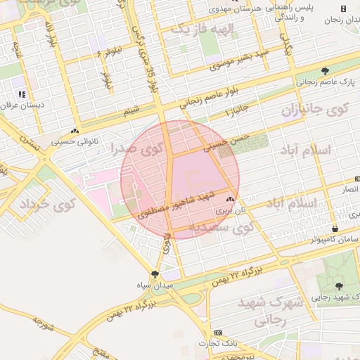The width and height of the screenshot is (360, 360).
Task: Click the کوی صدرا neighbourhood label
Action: (137, 148)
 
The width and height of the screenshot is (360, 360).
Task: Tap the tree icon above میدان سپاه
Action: (155, 274)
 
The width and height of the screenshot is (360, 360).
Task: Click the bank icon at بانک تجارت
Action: (218, 333)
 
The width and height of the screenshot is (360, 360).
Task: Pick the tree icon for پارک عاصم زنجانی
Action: (324, 70)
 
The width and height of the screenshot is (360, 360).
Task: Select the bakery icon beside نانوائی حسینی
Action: (75, 131)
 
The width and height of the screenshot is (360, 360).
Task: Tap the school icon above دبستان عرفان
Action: (22, 94)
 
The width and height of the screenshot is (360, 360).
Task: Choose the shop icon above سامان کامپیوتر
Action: (334, 229)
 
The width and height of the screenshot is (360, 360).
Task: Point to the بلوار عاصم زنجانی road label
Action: (212, 95)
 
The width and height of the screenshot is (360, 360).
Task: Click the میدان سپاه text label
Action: (154, 286)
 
